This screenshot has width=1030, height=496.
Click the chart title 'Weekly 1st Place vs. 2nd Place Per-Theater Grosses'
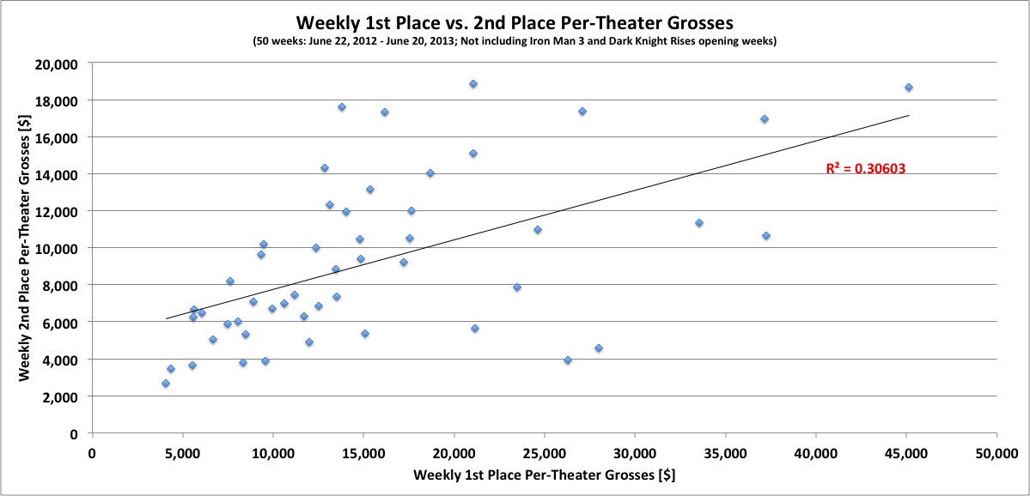coord(515,21)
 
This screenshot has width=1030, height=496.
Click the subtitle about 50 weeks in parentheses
coord(515,41)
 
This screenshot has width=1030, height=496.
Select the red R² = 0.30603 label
coord(866,170)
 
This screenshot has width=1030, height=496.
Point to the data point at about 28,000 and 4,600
coord(599,348)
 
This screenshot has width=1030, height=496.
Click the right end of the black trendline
coord(908,115)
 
